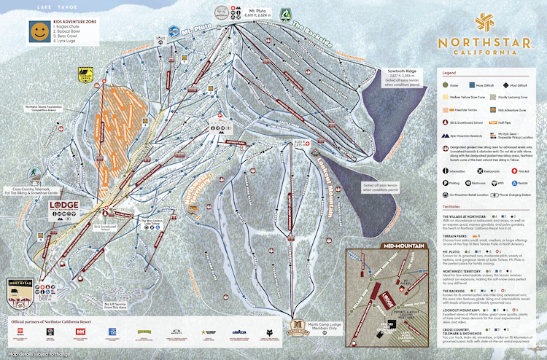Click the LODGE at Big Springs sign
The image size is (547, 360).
point(62,207)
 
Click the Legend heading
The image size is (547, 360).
point(449,74)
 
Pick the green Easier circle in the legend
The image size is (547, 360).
point(445,85)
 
